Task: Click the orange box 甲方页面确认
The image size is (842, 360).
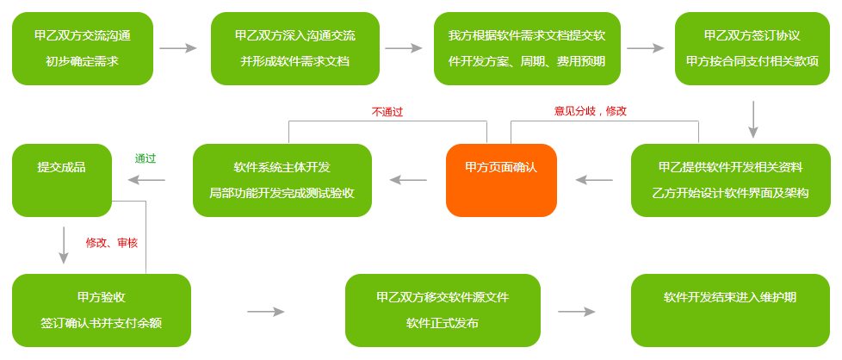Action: (x=501, y=180)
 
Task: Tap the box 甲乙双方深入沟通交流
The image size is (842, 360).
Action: (x=294, y=48)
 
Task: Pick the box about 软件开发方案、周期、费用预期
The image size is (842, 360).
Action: (x=527, y=48)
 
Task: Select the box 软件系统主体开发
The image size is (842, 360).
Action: (x=282, y=180)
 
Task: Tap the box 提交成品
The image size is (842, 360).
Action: (x=61, y=180)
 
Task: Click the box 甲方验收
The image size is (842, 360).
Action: (x=102, y=310)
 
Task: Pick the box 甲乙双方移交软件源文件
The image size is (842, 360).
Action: (x=442, y=310)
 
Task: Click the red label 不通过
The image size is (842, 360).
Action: (x=387, y=111)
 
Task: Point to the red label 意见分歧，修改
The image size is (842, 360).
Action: (x=590, y=111)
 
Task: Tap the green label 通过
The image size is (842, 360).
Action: (x=145, y=158)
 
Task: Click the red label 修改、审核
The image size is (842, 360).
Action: (x=111, y=243)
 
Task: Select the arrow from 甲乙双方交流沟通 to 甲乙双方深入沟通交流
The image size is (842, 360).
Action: (x=178, y=49)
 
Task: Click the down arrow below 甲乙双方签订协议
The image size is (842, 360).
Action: (x=752, y=120)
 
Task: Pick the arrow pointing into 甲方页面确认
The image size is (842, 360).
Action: (x=594, y=180)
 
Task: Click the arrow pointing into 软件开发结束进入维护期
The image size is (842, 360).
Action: (x=577, y=311)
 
